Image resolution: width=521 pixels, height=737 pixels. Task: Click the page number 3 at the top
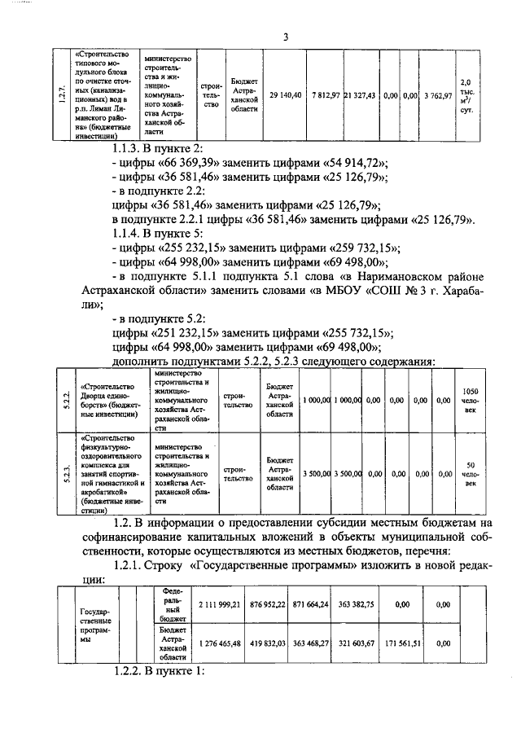287,36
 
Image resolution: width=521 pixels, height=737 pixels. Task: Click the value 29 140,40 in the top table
285,95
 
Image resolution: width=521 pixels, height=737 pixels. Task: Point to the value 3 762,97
436,95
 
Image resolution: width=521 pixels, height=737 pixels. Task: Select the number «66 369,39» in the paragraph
184,161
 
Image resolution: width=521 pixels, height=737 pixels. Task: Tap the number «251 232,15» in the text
186,333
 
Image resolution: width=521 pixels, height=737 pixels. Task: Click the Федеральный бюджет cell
174,604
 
